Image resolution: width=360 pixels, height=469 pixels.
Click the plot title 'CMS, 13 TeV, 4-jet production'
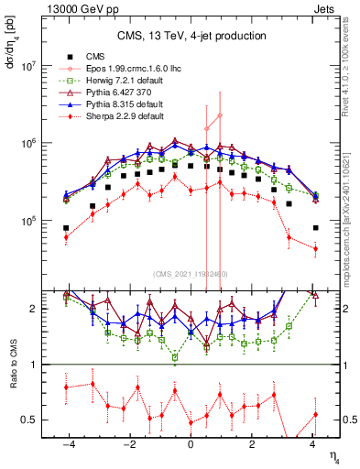tap(191, 36)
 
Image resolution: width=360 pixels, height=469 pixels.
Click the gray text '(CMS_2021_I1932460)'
tap(191, 274)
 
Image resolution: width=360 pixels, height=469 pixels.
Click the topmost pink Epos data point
tap(220, 115)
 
